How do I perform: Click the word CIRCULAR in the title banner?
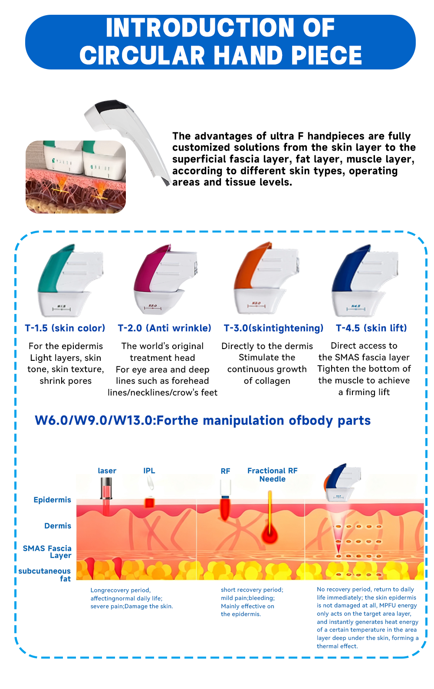click(x=142, y=56)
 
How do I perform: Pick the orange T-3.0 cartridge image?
click(x=266, y=278)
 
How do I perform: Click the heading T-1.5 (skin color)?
click(x=65, y=328)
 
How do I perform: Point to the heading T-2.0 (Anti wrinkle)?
click(x=164, y=328)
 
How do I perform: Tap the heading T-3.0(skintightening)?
click(x=273, y=328)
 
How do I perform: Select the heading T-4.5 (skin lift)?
click(x=372, y=328)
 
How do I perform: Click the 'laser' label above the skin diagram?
click(x=107, y=471)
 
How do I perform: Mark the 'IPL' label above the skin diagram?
click(x=149, y=471)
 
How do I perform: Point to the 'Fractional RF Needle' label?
click(x=272, y=475)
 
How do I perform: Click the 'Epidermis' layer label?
click(x=52, y=500)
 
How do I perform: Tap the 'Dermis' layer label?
click(x=58, y=526)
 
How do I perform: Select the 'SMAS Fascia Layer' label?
click(x=47, y=552)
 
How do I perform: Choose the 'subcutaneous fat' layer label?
click(x=45, y=575)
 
